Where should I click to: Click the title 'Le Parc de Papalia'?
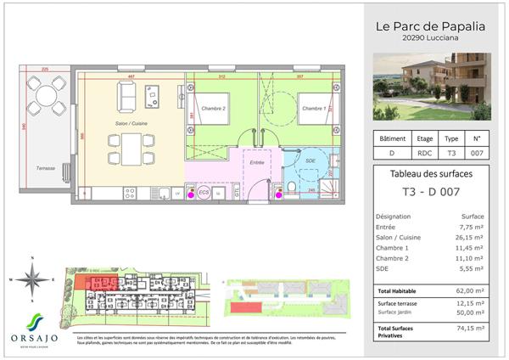pos(430,25)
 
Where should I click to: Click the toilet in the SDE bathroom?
pos(290,188)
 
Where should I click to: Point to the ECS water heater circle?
pos(204,193)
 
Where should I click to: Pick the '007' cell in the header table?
pos(476,154)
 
